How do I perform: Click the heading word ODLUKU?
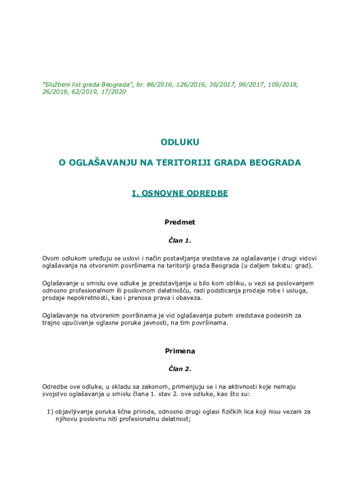click(x=180, y=142)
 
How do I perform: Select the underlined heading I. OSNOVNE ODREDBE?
click(x=180, y=193)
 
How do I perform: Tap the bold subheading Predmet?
click(x=180, y=222)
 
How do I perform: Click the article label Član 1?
click(x=180, y=240)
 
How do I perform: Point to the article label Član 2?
click(x=180, y=369)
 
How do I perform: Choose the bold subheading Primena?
click(x=180, y=351)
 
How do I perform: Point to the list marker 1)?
click(x=50, y=412)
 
